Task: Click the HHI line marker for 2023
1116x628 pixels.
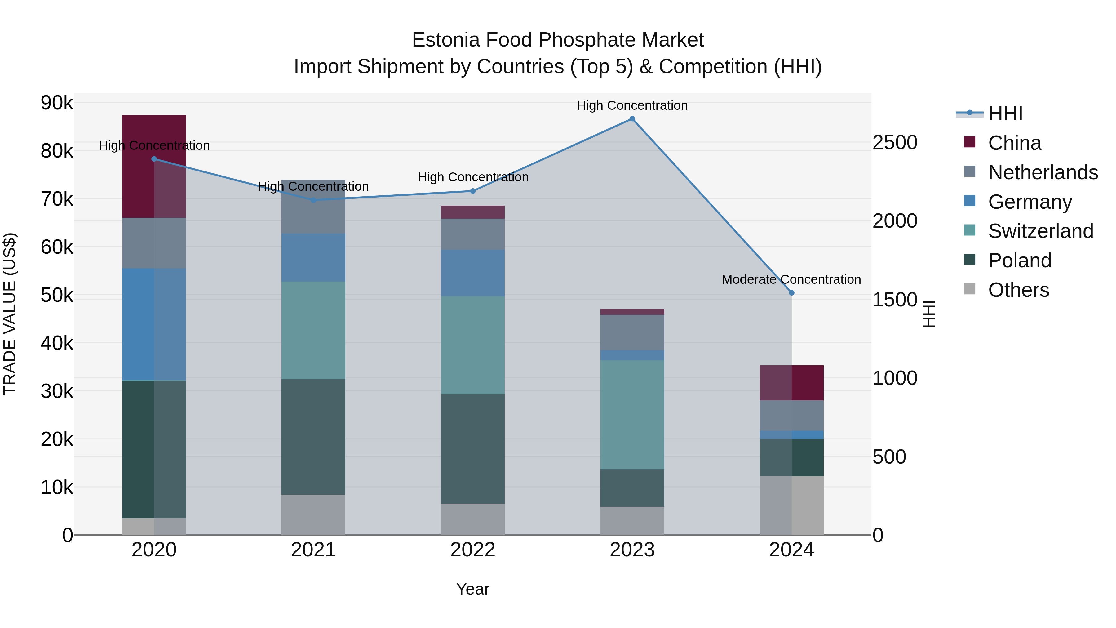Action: click(x=632, y=119)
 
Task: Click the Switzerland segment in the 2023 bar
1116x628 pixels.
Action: click(x=632, y=415)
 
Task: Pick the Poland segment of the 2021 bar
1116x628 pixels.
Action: click(x=313, y=436)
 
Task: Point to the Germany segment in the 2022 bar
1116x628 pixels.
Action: click(x=473, y=273)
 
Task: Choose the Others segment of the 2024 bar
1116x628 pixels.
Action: click(x=791, y=506)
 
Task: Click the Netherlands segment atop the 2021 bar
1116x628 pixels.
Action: click(x=313, y=207)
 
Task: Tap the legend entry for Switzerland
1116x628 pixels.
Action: click(x=1040, y=231)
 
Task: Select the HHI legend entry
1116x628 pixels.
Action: click(x=1005, y=114)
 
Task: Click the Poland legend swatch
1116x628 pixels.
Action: click(x=970, y=260)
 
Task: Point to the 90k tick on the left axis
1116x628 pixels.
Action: click(x=57, y=103)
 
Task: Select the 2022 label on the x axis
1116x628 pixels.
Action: click(x=473, y=550)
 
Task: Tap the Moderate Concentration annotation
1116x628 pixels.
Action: click(x=791, y=279)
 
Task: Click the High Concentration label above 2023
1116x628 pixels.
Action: click(x=632, y=105)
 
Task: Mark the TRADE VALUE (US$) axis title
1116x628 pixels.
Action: click(x=10, y=314)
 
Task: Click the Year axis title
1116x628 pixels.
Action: click(x=473, y=589)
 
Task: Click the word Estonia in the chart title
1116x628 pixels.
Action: click(x=446, y=40)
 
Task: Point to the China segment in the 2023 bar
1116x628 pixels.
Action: click(x=632, y=312)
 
